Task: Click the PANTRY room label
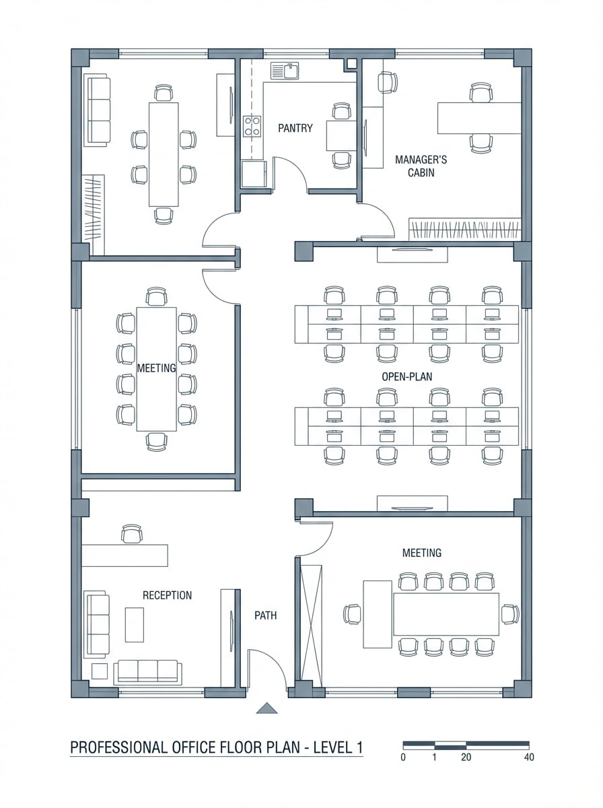(x=295, y=128)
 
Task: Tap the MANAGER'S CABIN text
(x=421, y=166)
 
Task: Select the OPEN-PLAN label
(x=406, y=376)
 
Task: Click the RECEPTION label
(x=167, y=595)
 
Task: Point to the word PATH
(x=265, y=615)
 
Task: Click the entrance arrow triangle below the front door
(x=268, y=708)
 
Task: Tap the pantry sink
(x=285, y=70)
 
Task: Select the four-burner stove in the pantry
(x=252, y=126)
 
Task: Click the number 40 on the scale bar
(x=528, y=757)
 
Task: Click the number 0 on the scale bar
(x=403, y=757)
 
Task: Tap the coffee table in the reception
(x=135, y=624)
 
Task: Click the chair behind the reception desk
(x=132, y=534)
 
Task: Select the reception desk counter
(x=125, y=555)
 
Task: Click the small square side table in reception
(x=100, y=671)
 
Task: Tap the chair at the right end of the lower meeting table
(x=510, y=613)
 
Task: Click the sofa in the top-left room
(x=98, y=110)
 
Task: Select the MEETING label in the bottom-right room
(x=422, y=553)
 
